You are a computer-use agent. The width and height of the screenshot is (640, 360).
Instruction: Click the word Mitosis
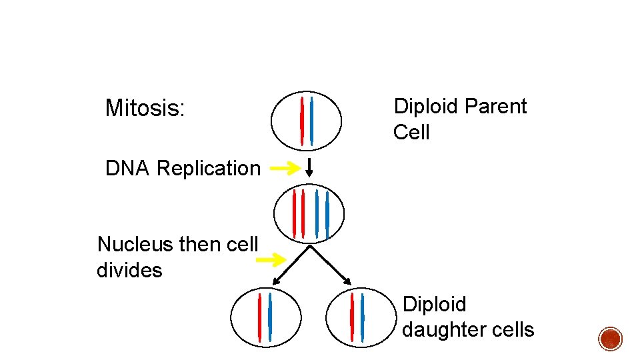click(x=144, y=108)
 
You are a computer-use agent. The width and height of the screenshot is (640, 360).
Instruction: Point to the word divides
click(x=129, y=270)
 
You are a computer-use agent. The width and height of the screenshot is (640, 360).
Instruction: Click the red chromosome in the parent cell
click(x=302, y=121)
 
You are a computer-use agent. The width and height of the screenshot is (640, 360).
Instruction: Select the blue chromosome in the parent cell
click(x=311, y=120)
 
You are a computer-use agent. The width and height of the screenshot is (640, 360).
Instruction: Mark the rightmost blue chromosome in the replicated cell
click(x=327, y=214)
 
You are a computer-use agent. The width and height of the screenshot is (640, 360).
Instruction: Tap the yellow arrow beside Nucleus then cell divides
click(x=273, y=260)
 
